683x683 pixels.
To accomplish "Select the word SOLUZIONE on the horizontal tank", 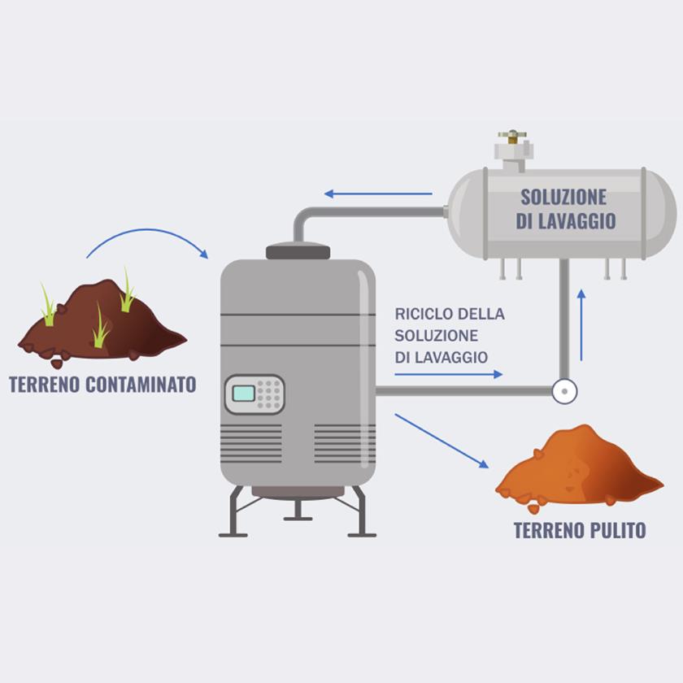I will pyautogui.click(x=563, y=197).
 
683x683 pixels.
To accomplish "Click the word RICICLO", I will pyautogui.click(x=424, y=314).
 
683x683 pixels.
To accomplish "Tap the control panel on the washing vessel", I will pyautogui.click(x=254, y=394).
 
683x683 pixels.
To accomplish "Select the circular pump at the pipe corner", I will pyautogui.click(x=563, y=391).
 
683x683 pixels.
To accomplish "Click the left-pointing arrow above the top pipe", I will pyautogui.click(x=377, y=194).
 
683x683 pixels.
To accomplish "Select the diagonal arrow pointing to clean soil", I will pyautogui.click(x=442, y=441).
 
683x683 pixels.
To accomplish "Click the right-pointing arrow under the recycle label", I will pyautogui.click(x=448, y=374).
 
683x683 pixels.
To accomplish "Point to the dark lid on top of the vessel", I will pyautogui.click(x=298, y=251).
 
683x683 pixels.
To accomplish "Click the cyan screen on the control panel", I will pyautogui.click(x=244, y=394).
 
